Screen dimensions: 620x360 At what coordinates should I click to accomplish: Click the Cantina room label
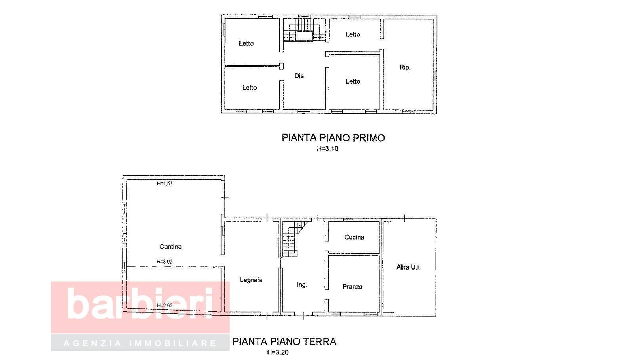[170, 247]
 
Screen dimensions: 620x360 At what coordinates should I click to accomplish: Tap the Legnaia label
[251, 280]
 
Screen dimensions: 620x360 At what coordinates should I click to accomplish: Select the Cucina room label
[354, 237]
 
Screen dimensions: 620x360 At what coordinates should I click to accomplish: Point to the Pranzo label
[352, 287]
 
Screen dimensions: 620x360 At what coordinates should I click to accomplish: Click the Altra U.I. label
[408, 267]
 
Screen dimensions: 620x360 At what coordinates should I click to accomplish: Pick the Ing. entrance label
[301, 285]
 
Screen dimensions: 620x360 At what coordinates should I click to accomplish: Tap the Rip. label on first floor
[405, 67]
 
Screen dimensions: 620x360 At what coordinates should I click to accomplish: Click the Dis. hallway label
[300, 76]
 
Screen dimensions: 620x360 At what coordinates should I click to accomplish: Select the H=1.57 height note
[164, 183]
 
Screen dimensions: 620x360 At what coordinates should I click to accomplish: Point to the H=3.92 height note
[164, 261]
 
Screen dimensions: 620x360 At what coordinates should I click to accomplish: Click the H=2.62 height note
[164, 305]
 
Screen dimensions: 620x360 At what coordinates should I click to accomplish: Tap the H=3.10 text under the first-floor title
[328, 148]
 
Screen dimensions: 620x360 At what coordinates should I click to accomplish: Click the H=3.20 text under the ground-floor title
[278, 352]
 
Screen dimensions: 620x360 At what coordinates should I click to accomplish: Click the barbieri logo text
[140, 304]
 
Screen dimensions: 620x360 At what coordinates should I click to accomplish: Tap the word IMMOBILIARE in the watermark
[173, 343]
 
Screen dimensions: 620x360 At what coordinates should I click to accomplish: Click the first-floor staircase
[305, 29]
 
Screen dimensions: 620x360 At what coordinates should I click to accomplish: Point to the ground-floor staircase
[294, 239]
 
